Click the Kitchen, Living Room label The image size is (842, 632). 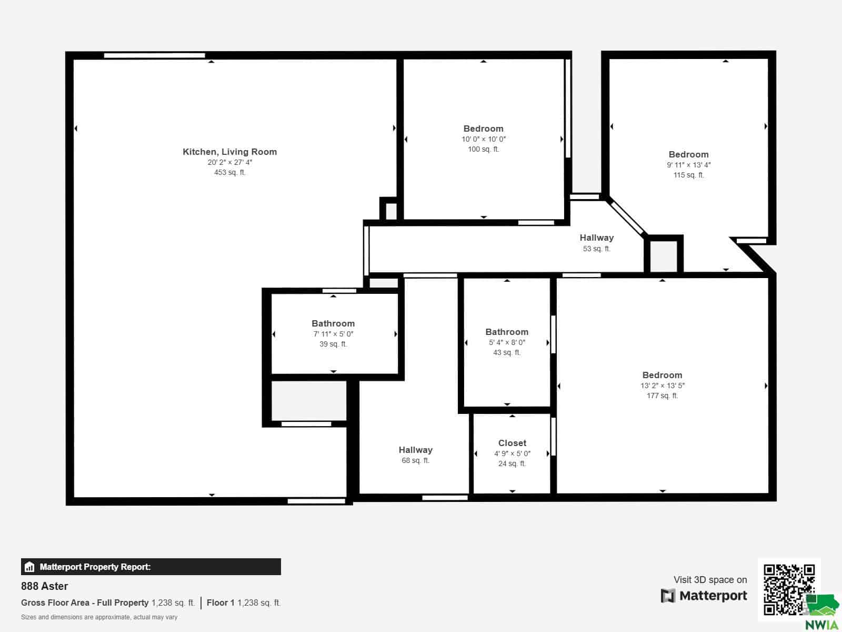point(229,152)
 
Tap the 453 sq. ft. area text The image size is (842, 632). point(230,173)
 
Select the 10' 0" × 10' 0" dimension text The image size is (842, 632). point(483,139)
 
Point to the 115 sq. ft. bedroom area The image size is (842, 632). point(688,175)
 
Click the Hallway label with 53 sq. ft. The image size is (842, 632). point(596,238)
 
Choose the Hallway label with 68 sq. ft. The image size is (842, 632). point(415,450)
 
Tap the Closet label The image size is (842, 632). point(512,443)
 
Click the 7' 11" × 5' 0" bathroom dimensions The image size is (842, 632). point(333,334)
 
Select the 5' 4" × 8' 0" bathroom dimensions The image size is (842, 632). point(507,343)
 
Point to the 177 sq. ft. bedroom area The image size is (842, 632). point(662,396)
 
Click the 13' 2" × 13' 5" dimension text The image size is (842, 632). point(662,386)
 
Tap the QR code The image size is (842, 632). point(789,589)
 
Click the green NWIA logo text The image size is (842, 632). point(821,625)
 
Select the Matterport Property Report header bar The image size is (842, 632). point(151,567)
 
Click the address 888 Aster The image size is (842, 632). point(45,586)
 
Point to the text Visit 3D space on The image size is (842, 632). point(710,580)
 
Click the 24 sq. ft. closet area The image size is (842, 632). point(512,463)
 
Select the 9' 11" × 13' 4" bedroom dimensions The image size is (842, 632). point(688,165)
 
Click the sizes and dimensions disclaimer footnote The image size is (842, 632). point(99,617)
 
